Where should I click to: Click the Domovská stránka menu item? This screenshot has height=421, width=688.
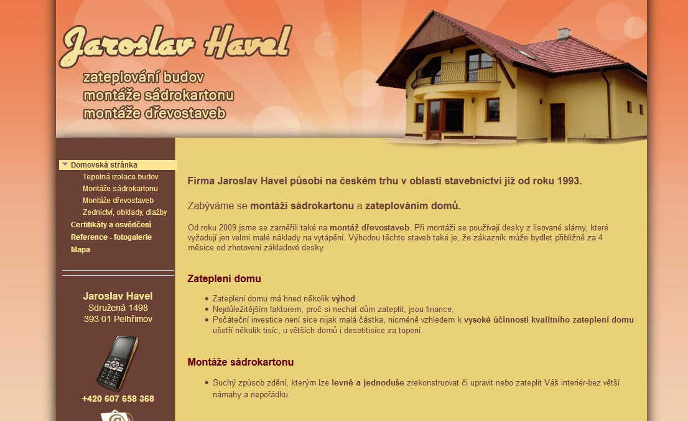[x=104, y=165]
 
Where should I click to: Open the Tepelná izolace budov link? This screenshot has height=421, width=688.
[x=120, y=177]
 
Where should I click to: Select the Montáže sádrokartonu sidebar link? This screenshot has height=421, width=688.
[x=120, y=189]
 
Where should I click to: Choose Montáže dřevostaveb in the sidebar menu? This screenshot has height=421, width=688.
[x=118, y=201]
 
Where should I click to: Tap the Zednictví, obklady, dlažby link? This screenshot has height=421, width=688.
[x=124, y=212]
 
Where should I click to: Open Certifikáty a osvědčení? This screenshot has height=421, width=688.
[x=111, y=225]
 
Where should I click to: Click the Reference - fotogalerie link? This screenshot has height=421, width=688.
[x=111, y=237]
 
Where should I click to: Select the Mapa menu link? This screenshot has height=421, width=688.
[x=80, y=250]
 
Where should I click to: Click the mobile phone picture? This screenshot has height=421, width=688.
[x=118, y=364]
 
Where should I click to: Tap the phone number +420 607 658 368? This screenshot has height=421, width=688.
[x=118, y=399]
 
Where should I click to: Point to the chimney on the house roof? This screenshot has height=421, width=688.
[x=564, y=34]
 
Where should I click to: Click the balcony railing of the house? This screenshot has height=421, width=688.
[x=457, y=72]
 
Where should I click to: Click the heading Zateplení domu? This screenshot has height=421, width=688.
[x=224, y=278]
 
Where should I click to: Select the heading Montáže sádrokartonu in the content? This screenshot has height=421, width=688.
[x=241, y=362]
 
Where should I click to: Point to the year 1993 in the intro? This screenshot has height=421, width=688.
[x=569, y=181]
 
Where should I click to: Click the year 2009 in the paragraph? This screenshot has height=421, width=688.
[x=227, y=228]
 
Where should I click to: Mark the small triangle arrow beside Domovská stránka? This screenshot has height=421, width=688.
[x=65, y=164]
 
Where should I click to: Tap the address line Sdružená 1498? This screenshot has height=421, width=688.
[x=118, y=308]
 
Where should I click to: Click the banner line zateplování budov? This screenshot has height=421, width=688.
[x=144, y=77]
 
